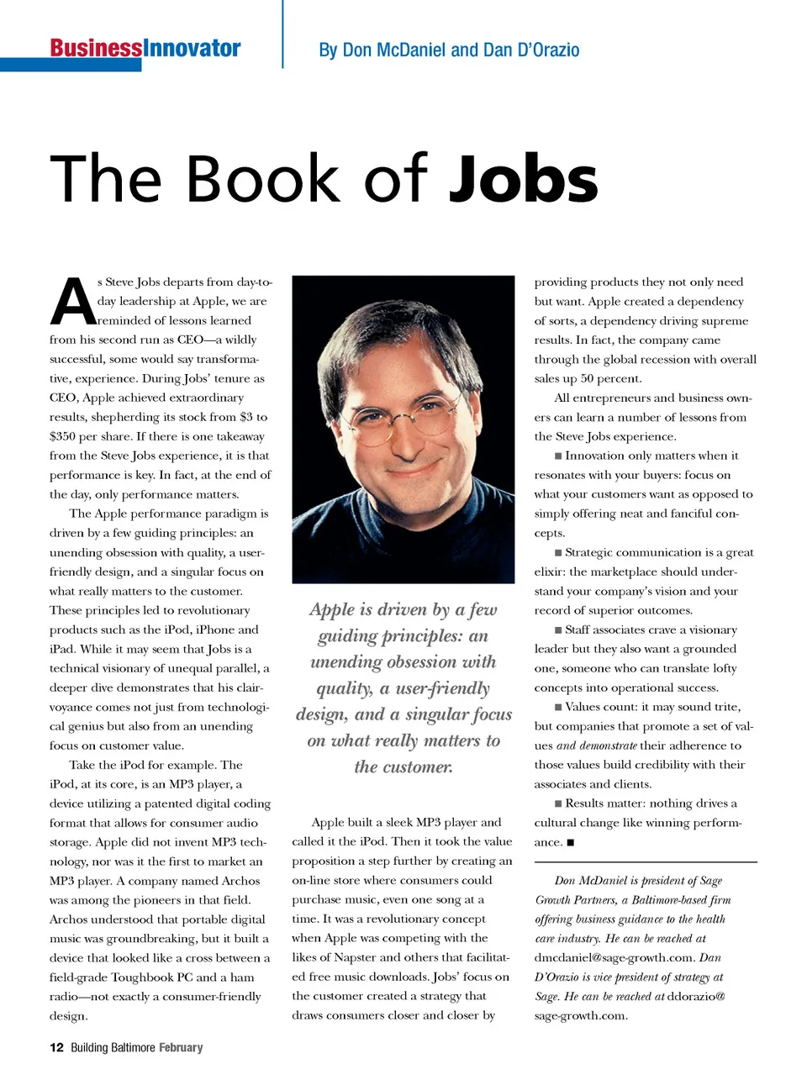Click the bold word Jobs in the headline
(523, 180)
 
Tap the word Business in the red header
(96, 48)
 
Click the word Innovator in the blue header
(192, 48)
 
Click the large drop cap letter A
(73, 303)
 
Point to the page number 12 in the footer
(56, 1047)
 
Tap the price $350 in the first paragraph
(63, 436)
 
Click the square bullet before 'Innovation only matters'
(558, 456)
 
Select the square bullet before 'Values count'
(558, 707)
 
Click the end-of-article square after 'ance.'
(571, 842)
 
